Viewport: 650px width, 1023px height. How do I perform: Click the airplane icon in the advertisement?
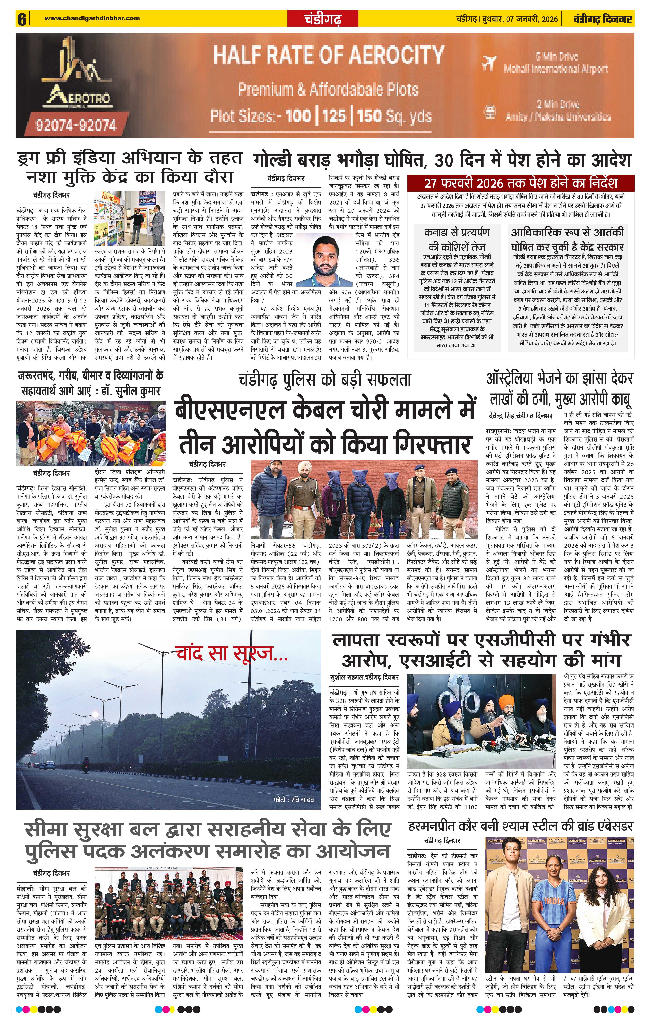tap(489, 63)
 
